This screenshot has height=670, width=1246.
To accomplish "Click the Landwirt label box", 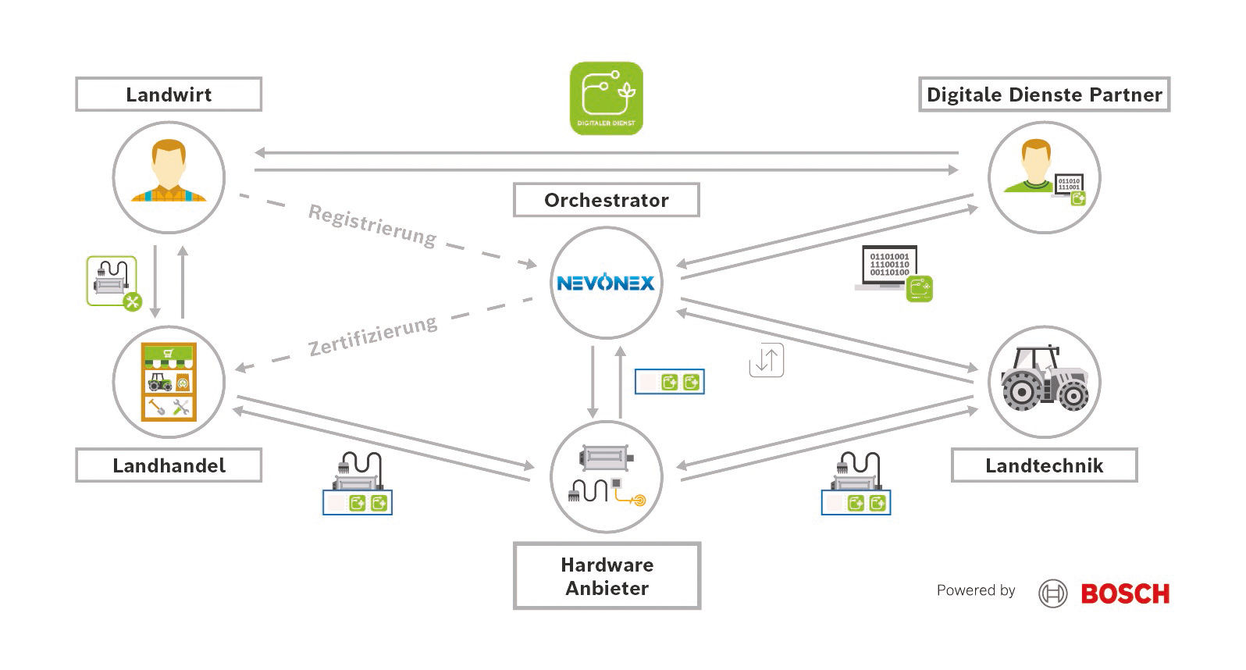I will click(x=169, y=94).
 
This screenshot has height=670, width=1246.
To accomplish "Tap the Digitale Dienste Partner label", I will click(x=1044, y=94).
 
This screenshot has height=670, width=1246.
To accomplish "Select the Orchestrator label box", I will click(x=606, y=200).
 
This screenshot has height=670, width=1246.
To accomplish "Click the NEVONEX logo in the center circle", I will click(x=606, y=283).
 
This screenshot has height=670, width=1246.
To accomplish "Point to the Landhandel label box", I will click(x=169, y=465).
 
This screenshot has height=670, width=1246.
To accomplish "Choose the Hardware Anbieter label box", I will click(x=607, y=576).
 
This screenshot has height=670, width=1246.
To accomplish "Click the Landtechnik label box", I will click(x=1044, y=465).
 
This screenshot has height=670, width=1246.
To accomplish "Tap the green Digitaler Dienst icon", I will click(x=607, y=98).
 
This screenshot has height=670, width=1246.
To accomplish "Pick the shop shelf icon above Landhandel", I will click(x=169, y=382).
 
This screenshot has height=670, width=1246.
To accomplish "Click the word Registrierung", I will click(x=372, y=225).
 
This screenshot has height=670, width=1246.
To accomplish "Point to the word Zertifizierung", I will click(x=372, y=336).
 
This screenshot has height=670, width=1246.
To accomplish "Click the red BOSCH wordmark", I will click(x=1125, y=594).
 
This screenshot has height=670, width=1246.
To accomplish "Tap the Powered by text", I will click(x=976, y=590).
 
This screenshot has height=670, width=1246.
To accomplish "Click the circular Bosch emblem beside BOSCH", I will click(x=1052, y=594).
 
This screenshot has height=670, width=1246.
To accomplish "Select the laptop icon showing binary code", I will click(x=891, y=270).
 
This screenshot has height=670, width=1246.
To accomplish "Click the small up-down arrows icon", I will click(x=766, y=361).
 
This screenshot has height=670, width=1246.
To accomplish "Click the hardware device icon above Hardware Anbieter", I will click(x=607, y=476).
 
